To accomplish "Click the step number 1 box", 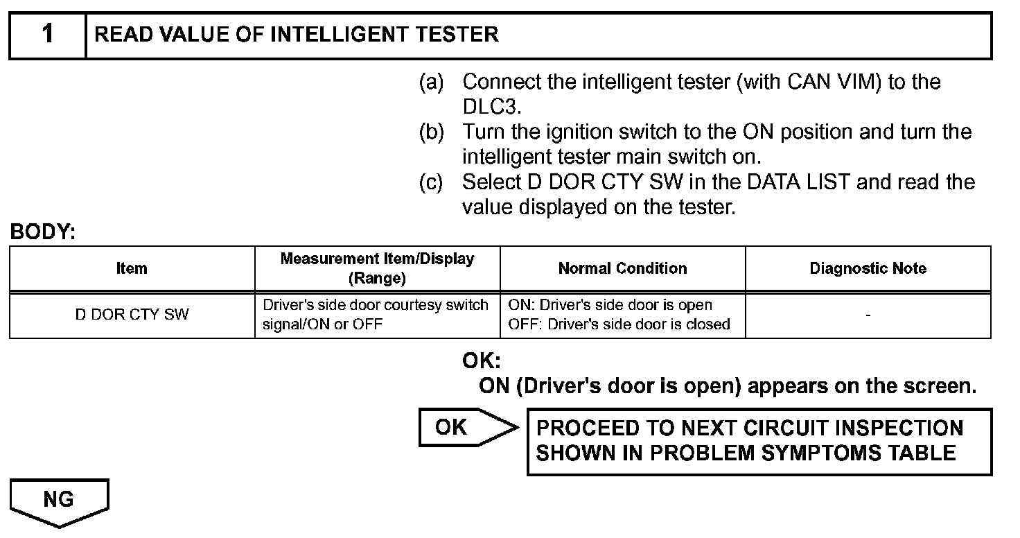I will click(x=47, y=35).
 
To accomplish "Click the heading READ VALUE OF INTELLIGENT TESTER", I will click(x=297, y=35).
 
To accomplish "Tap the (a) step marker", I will click(x=431, y=83).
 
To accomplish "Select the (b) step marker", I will click(x=431, y=132).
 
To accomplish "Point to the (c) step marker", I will click(x=431, y=182).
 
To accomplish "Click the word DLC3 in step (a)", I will click(x=491, y=107).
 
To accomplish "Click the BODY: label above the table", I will click(x=42, y=233).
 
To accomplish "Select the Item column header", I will click(x=132, y=268).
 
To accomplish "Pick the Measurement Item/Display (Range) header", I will click(x=377, y=268).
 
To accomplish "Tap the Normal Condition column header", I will click(x=622, y=268).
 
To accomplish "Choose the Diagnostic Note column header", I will click(x=868, y=268).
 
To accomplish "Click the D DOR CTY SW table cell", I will click(x=132, y=315).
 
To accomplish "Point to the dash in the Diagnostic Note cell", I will click(x=868, y=315).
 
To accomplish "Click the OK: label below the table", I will click(x=481, y=361).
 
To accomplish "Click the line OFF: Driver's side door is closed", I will click(x=619, y=324).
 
